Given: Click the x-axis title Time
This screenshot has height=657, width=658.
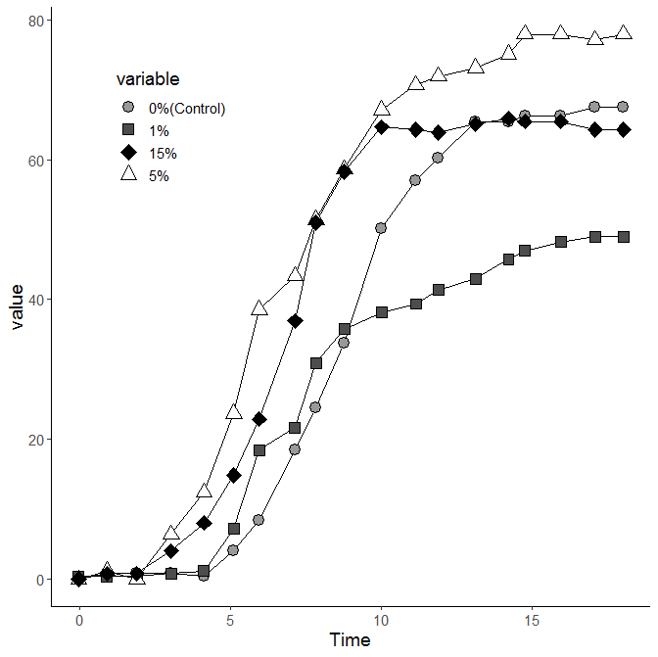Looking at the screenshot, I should coord(350,640).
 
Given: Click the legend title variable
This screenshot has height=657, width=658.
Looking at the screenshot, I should coord(147,78).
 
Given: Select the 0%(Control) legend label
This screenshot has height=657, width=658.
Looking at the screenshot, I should coord(187,108).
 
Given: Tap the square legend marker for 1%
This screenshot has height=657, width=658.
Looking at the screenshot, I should coord(127,130).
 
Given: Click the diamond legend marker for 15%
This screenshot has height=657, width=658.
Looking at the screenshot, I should coord(127,153).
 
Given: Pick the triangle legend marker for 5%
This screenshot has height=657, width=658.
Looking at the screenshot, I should coord(127,174).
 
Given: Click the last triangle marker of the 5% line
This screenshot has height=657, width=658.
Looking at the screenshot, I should coord(624,32).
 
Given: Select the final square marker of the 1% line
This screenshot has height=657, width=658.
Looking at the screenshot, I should coord(623,237).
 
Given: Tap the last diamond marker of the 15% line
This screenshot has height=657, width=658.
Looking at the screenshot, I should coord(623,129).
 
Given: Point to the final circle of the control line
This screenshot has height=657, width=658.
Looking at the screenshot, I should coord(623,106).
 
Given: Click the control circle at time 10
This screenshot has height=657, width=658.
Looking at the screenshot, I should coord(381,228).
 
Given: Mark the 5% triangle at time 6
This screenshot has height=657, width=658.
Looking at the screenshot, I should coord(259,307).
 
